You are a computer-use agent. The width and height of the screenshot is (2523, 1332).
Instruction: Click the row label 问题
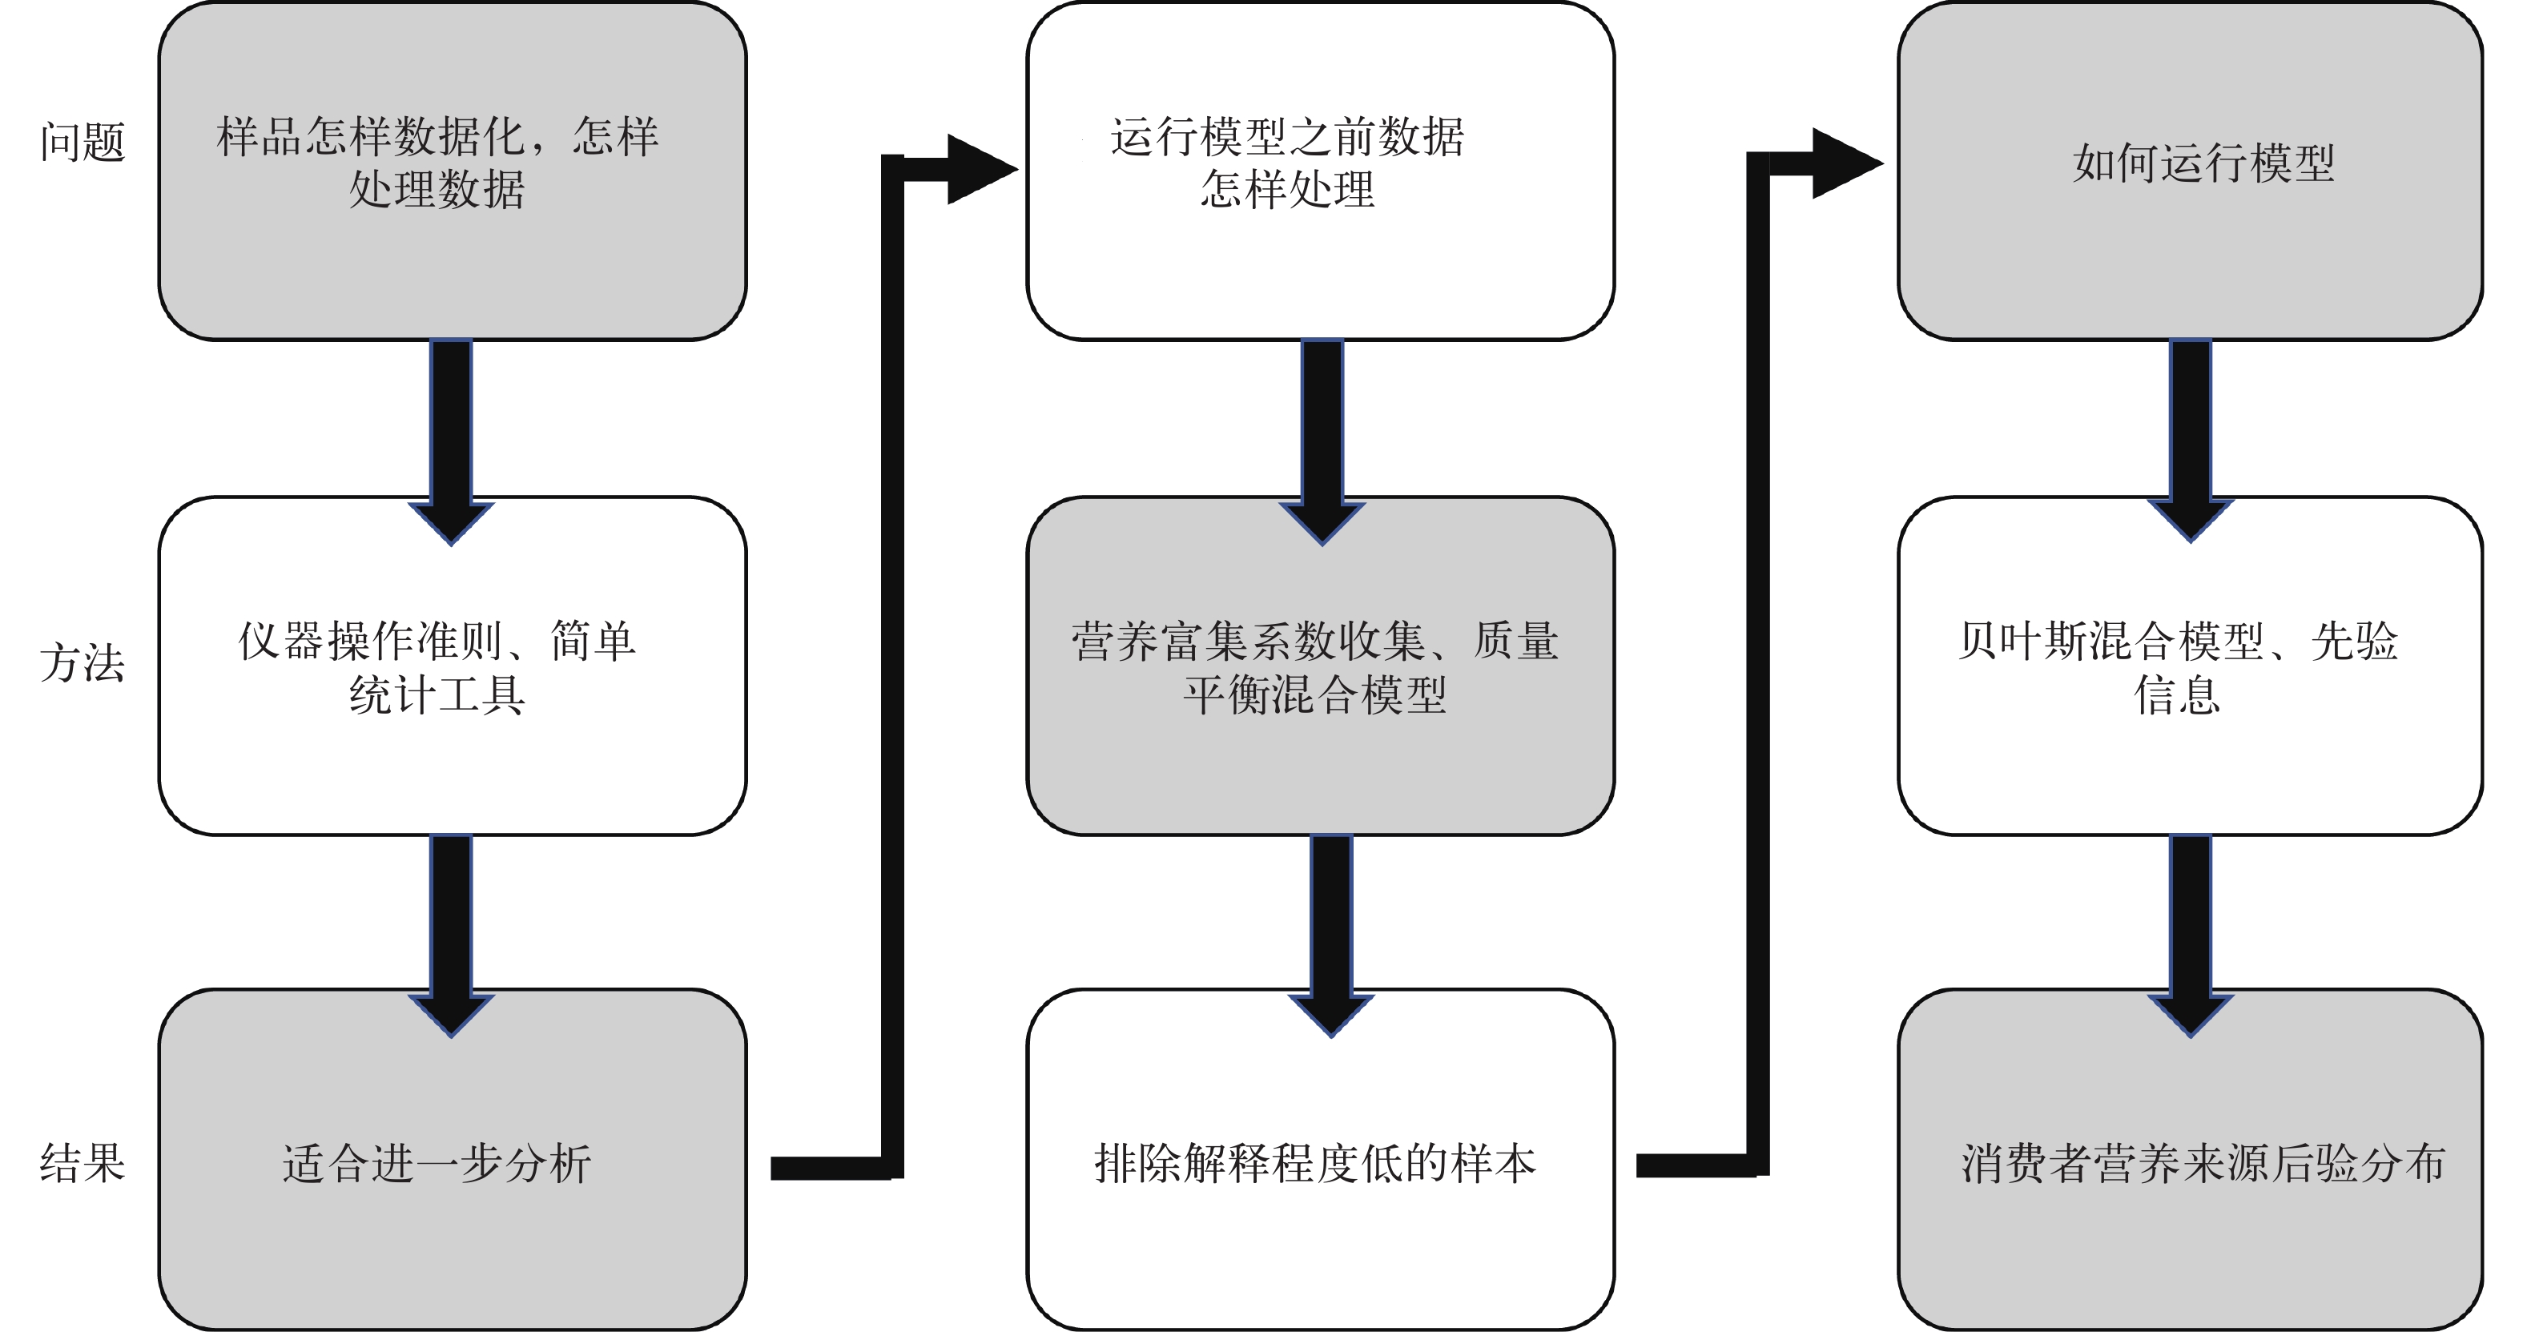tap(82, 142)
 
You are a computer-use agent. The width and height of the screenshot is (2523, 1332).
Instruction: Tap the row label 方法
tap(82, 663)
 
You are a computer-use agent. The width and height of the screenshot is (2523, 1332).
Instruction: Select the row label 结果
tap(82, 1162)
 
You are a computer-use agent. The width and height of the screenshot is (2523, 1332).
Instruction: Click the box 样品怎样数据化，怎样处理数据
tap(452, 171)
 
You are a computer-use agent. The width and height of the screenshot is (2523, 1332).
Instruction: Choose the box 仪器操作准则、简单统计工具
tap(452, 666)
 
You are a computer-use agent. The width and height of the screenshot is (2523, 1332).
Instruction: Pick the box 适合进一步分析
tap(452, 1161)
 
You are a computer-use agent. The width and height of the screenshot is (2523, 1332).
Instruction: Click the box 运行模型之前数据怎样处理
tap(1319, 171)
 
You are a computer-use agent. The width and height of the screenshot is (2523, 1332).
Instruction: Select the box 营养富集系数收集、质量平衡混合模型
tap(1319, 666)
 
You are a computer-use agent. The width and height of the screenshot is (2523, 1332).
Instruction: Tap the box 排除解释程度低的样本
tap(1319, 1161)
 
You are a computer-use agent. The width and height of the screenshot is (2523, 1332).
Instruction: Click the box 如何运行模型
tap(2190, 171)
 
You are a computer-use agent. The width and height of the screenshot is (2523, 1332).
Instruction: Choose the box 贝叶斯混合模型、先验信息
tap(2190, 666)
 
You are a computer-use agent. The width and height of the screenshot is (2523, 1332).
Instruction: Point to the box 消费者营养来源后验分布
tap(2190, 1161)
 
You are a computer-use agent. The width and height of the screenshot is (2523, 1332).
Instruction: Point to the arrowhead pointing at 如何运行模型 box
tap(1845, 163)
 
